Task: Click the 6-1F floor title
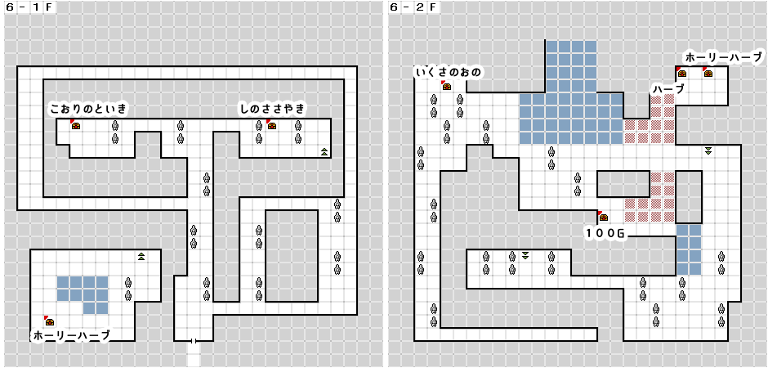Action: [25, 7]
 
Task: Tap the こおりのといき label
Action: [89, 109]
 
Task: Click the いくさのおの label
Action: [449, 73]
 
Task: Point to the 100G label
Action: [607, 234]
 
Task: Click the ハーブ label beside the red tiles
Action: [668, 88]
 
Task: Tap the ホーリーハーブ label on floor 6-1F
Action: [71, 335]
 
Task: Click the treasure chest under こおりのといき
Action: [75, 125]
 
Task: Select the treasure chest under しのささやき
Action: [272, 125]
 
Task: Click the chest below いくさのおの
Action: [446, 86]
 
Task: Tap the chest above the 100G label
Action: [603, 216]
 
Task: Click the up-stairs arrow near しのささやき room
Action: [324, 151]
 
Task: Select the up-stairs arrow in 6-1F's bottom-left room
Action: [141, 256]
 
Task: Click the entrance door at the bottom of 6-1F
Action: [194, 340]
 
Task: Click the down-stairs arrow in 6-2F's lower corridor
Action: [525, 255]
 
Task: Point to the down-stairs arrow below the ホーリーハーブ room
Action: [708, 150]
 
